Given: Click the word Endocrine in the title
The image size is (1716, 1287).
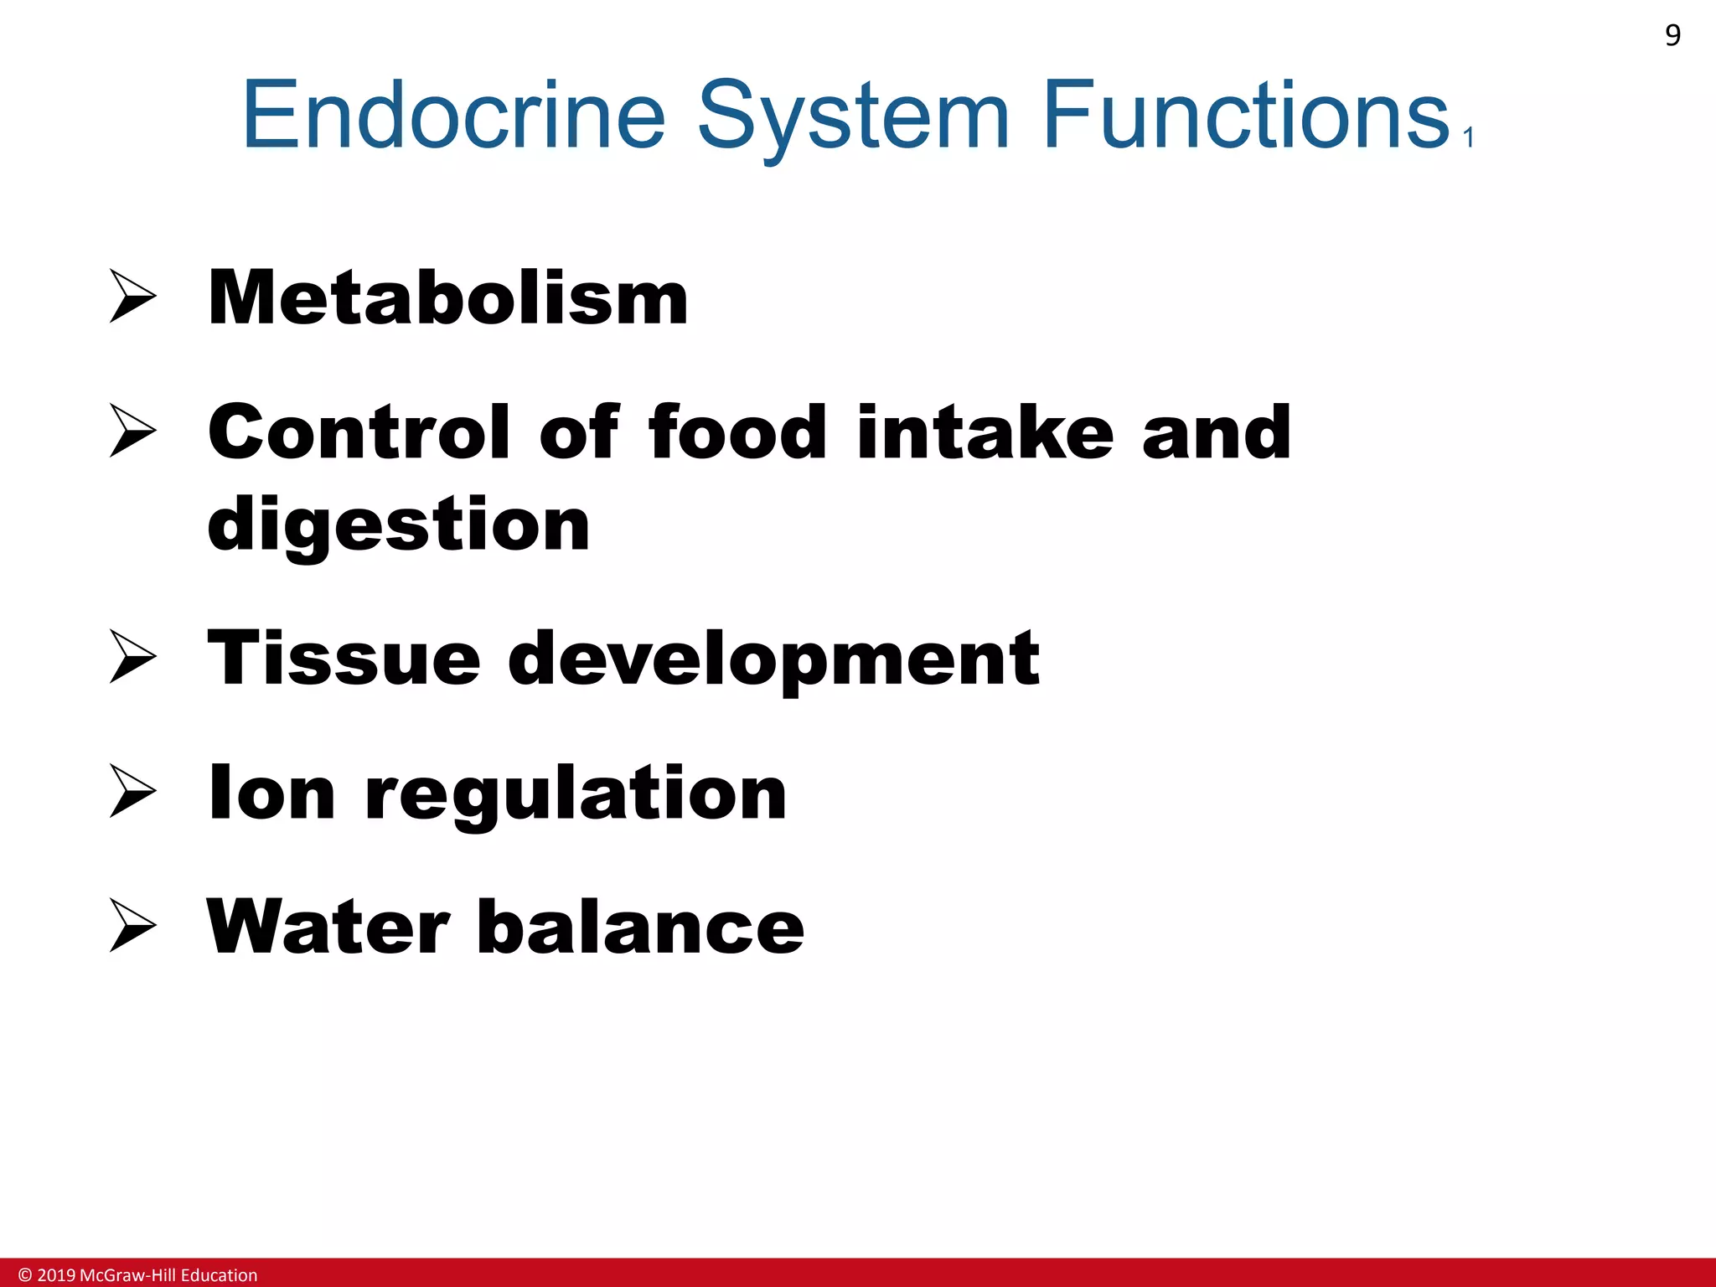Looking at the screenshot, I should tap(453, 115).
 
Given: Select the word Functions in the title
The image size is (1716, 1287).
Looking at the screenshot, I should tap(1246, 115).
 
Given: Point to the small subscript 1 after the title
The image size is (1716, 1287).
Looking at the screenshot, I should tap(1468, 137).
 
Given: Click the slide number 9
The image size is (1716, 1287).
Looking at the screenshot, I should tap(1672, 35).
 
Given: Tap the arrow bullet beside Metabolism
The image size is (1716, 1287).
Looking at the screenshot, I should tap(132, 297).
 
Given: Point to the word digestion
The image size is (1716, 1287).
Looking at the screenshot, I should tap(399, 525).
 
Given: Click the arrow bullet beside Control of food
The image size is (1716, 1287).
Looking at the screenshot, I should tap(132, 431).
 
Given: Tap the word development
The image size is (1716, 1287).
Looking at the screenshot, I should tap(773, 659).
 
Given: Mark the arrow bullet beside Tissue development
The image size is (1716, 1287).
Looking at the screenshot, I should tap(132, 657).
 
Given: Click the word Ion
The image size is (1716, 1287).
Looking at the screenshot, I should tap(271, 793).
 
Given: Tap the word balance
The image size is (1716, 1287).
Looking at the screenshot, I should tap(640, 927).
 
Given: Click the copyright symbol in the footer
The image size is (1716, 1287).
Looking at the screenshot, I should tap(25, 1275).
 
